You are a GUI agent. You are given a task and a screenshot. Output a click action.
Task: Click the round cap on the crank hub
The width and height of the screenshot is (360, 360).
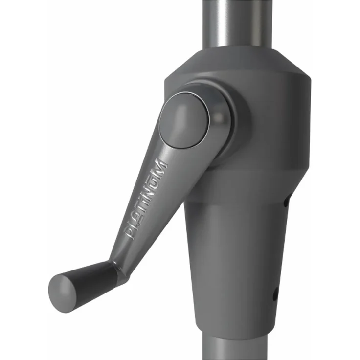184,120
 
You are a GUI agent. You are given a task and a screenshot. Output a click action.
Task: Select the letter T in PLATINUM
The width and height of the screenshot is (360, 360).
142,208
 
